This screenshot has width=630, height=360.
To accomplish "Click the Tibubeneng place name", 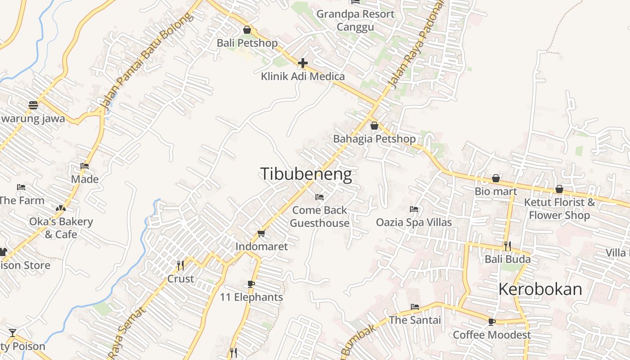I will [x=306, y=174].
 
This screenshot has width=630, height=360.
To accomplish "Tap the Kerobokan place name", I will [x=540, y=289].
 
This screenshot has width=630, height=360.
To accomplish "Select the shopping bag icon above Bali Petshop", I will [x=247, y=30].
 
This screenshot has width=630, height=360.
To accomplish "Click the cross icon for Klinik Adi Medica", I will [x=303, y=63].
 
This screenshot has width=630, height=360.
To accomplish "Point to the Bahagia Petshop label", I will [x=374, y=139].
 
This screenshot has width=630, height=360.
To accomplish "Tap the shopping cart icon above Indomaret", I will [x=261, y=233].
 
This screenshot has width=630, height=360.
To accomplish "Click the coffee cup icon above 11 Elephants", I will [x=251, y=284].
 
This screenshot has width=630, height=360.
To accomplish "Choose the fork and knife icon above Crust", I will [x=180, y=265].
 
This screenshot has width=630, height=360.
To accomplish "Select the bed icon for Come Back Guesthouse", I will [x=319, y=197].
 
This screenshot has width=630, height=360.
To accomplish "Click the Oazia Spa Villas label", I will [x=414, y=222].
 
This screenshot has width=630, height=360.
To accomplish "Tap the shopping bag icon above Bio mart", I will [x=496, y=178].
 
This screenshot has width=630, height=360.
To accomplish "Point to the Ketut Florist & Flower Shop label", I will [x=559, y=209].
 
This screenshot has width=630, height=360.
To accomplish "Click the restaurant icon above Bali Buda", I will [x=508, y=246].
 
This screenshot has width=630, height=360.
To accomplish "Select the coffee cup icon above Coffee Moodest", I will [x=492, y=322].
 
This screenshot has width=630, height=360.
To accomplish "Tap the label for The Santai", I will [x=415, y=320].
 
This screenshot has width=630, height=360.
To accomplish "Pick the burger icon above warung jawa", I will [x=33, y=105].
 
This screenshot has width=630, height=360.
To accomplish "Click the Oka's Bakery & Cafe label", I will [x=61, y=228].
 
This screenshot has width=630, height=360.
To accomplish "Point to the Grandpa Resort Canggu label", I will [x=355, y=20].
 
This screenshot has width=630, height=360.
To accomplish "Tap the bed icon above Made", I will [x=85, y=166].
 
